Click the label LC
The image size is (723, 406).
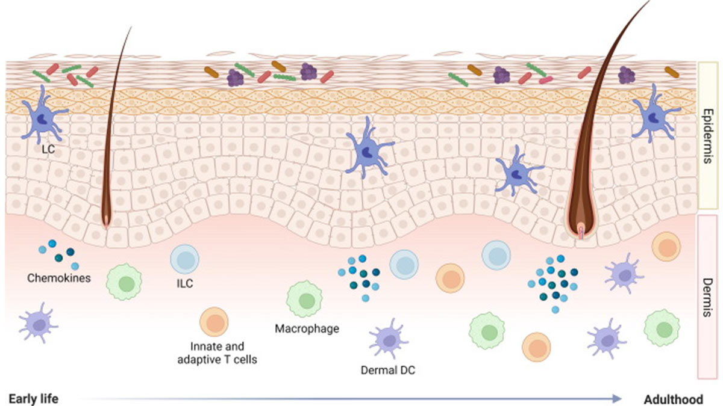(48, 149)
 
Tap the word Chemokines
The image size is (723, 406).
(59, 278)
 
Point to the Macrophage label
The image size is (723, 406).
(307, 328)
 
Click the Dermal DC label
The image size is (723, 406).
(388, 371)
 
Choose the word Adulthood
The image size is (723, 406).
(673, 399)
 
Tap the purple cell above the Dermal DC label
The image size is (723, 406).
(384, 341)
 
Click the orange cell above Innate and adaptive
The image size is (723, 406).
(214, 322)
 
